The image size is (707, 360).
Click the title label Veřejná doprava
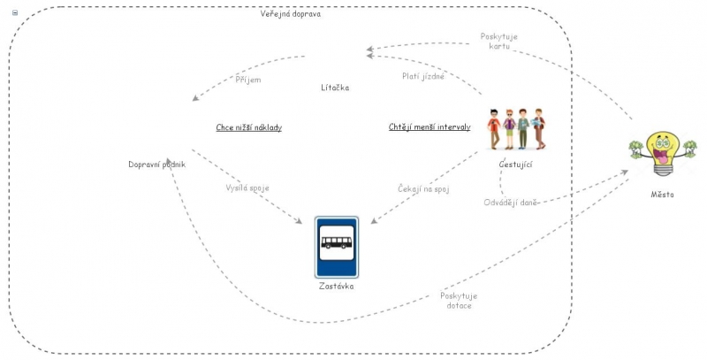tap(291, 14)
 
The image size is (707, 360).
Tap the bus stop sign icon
tap(337, 247)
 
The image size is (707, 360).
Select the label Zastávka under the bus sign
tap(337, 286)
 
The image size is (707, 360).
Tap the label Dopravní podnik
tap(156, 164)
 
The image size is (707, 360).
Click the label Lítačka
tap(335, 88)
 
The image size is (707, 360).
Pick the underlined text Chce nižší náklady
tap(248, 127)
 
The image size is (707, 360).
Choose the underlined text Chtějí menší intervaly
tap(430, 127)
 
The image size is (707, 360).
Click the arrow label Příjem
tap(248, 80)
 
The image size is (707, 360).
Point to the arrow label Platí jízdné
tap(422, 76)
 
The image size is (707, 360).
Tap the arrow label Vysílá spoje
tap(247, 188)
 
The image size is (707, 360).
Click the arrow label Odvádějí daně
tap(512, 202)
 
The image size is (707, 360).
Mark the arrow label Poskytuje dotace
tap(458, 300)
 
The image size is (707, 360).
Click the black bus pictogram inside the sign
tap(337, 241)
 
